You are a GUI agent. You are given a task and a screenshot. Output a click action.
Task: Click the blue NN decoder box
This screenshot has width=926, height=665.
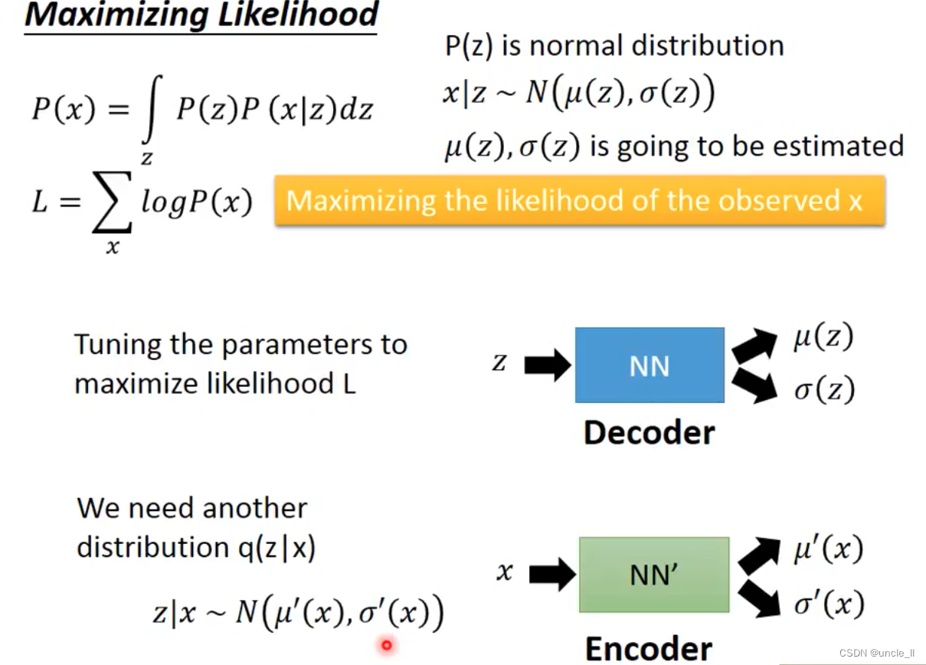[x=649, y=365]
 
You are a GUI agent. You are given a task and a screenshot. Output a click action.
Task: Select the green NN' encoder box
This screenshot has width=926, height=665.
[x=653, y=575]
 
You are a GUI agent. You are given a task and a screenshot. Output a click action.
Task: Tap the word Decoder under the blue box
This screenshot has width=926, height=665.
[x=649, y=433]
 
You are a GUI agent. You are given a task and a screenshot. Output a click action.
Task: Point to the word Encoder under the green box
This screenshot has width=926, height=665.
[x=648, y=647]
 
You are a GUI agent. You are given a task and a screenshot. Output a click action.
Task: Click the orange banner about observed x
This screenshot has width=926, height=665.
[x=579, y=201]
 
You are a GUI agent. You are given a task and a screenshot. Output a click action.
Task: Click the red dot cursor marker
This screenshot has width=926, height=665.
[x=387, y=645]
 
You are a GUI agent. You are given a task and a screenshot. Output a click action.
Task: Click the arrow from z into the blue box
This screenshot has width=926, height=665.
[x=547, y=365]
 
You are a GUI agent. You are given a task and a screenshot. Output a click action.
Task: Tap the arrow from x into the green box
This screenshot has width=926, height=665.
[x=551, y=574]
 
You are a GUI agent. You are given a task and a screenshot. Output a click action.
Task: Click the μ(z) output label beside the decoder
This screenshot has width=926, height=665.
[x=823, y=338]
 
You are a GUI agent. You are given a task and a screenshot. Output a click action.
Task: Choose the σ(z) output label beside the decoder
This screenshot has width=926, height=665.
[x=823, y=391]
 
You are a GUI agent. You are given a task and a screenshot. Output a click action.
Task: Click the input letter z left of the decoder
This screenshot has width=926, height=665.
[x=499, y=362]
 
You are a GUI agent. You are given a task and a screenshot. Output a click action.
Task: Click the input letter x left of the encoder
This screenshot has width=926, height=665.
[x=504, y=572]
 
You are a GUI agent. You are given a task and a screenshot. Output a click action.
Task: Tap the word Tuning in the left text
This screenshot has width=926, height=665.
[x=118, y=345]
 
